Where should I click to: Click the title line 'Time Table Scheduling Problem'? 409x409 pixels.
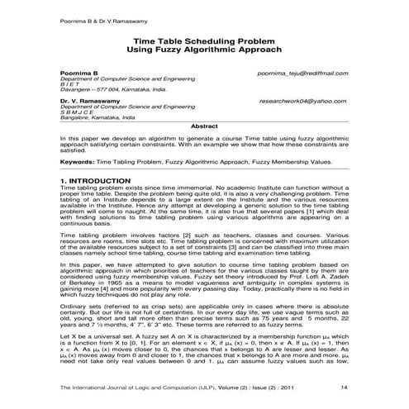tap(205, 40)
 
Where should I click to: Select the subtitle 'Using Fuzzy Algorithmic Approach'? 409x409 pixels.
tap(205, 50)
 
